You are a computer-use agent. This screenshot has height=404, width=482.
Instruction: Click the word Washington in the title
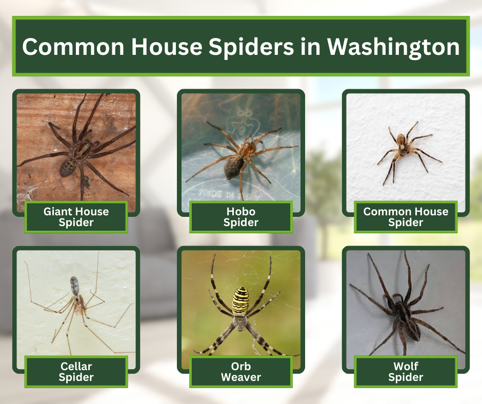click(x=393, y=47)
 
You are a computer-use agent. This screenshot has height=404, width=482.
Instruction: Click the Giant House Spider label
click(x=76, y=216)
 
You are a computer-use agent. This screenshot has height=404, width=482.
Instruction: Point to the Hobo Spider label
click(x=241, y=216)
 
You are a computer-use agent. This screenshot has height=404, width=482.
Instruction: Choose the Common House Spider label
click(x=406, y=216)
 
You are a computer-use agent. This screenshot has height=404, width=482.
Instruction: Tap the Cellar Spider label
click(x=76, y=372)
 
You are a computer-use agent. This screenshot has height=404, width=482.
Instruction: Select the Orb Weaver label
click(x=241, y=372)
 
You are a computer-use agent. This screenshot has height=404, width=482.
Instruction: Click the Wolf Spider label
click(x=406, y=372)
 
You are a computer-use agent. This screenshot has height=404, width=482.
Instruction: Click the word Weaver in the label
click(x=241, y=377)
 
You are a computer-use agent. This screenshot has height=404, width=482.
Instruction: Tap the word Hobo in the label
click(x=241, y=211)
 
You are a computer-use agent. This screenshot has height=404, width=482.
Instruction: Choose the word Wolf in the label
click(x=406, y=366)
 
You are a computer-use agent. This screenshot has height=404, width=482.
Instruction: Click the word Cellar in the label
click(x=76, y=366)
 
